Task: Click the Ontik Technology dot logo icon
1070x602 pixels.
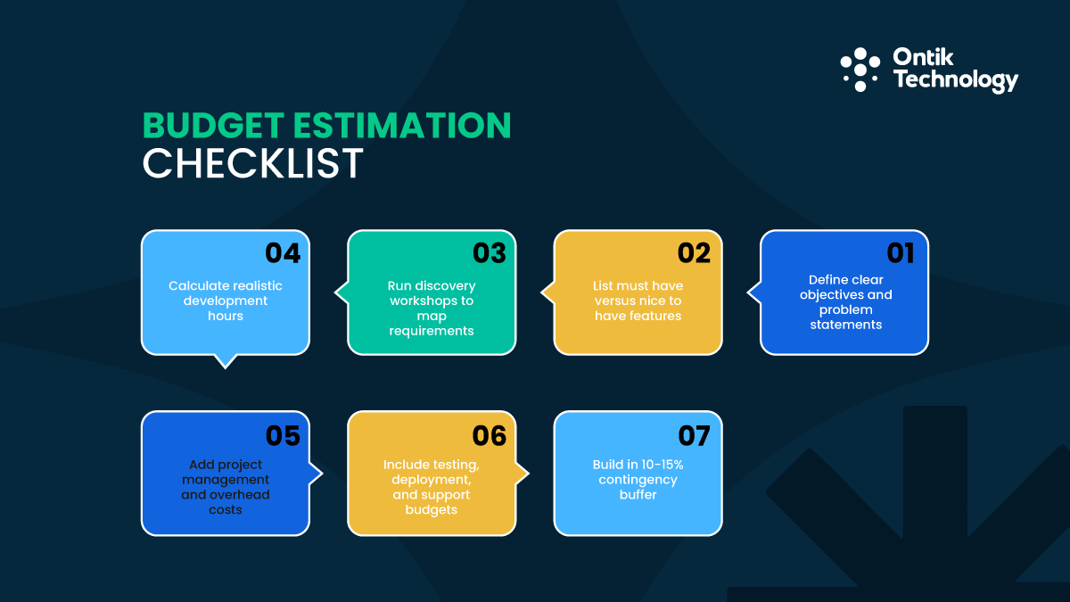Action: click(860, 70)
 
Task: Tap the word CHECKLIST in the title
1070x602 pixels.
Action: click(253, 164)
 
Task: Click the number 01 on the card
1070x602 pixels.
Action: click(901, 253)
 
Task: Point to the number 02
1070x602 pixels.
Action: click(694, 253)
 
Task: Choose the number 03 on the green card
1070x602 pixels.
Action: click(489, 253)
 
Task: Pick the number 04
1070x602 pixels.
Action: click(283, 253)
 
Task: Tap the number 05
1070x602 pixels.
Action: click(283, 435)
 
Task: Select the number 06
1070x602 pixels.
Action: click(489, 435)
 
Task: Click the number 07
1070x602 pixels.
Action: click(694, 435)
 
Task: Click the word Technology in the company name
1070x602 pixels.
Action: click(955, 80)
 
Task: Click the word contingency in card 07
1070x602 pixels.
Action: click(638, 480)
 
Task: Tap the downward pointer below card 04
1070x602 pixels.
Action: click(226, 360)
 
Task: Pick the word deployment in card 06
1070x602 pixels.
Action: click(430, 480)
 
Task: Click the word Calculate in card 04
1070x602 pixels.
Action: click(200, 285)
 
